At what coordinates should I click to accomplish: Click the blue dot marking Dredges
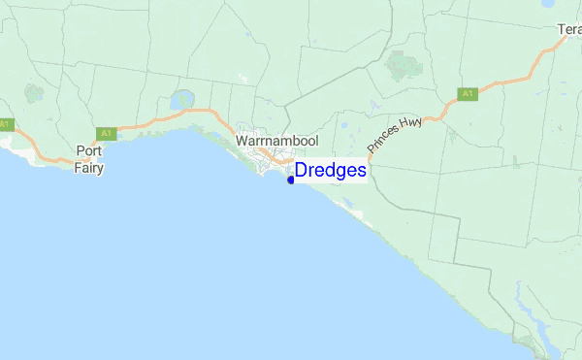click(x=290, y=180)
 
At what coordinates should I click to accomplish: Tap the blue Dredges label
click(x=331, y=171)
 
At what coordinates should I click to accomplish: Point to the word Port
click(x=89, y=150)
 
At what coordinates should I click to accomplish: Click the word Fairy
click(x=89, y=165)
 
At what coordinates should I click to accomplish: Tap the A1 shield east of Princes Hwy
click(x=468, y=94)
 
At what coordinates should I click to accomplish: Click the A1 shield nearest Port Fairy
click(x=106, y=133)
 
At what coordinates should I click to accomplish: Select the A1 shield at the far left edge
click(x=5, y=123)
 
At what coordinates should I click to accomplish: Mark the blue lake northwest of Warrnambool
click(x=180, y=100)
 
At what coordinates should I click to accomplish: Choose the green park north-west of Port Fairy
click(x=36, y=94)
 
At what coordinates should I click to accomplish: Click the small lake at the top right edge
click(x=548, y=4)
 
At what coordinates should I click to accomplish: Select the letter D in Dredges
click(x=302, y=171)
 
